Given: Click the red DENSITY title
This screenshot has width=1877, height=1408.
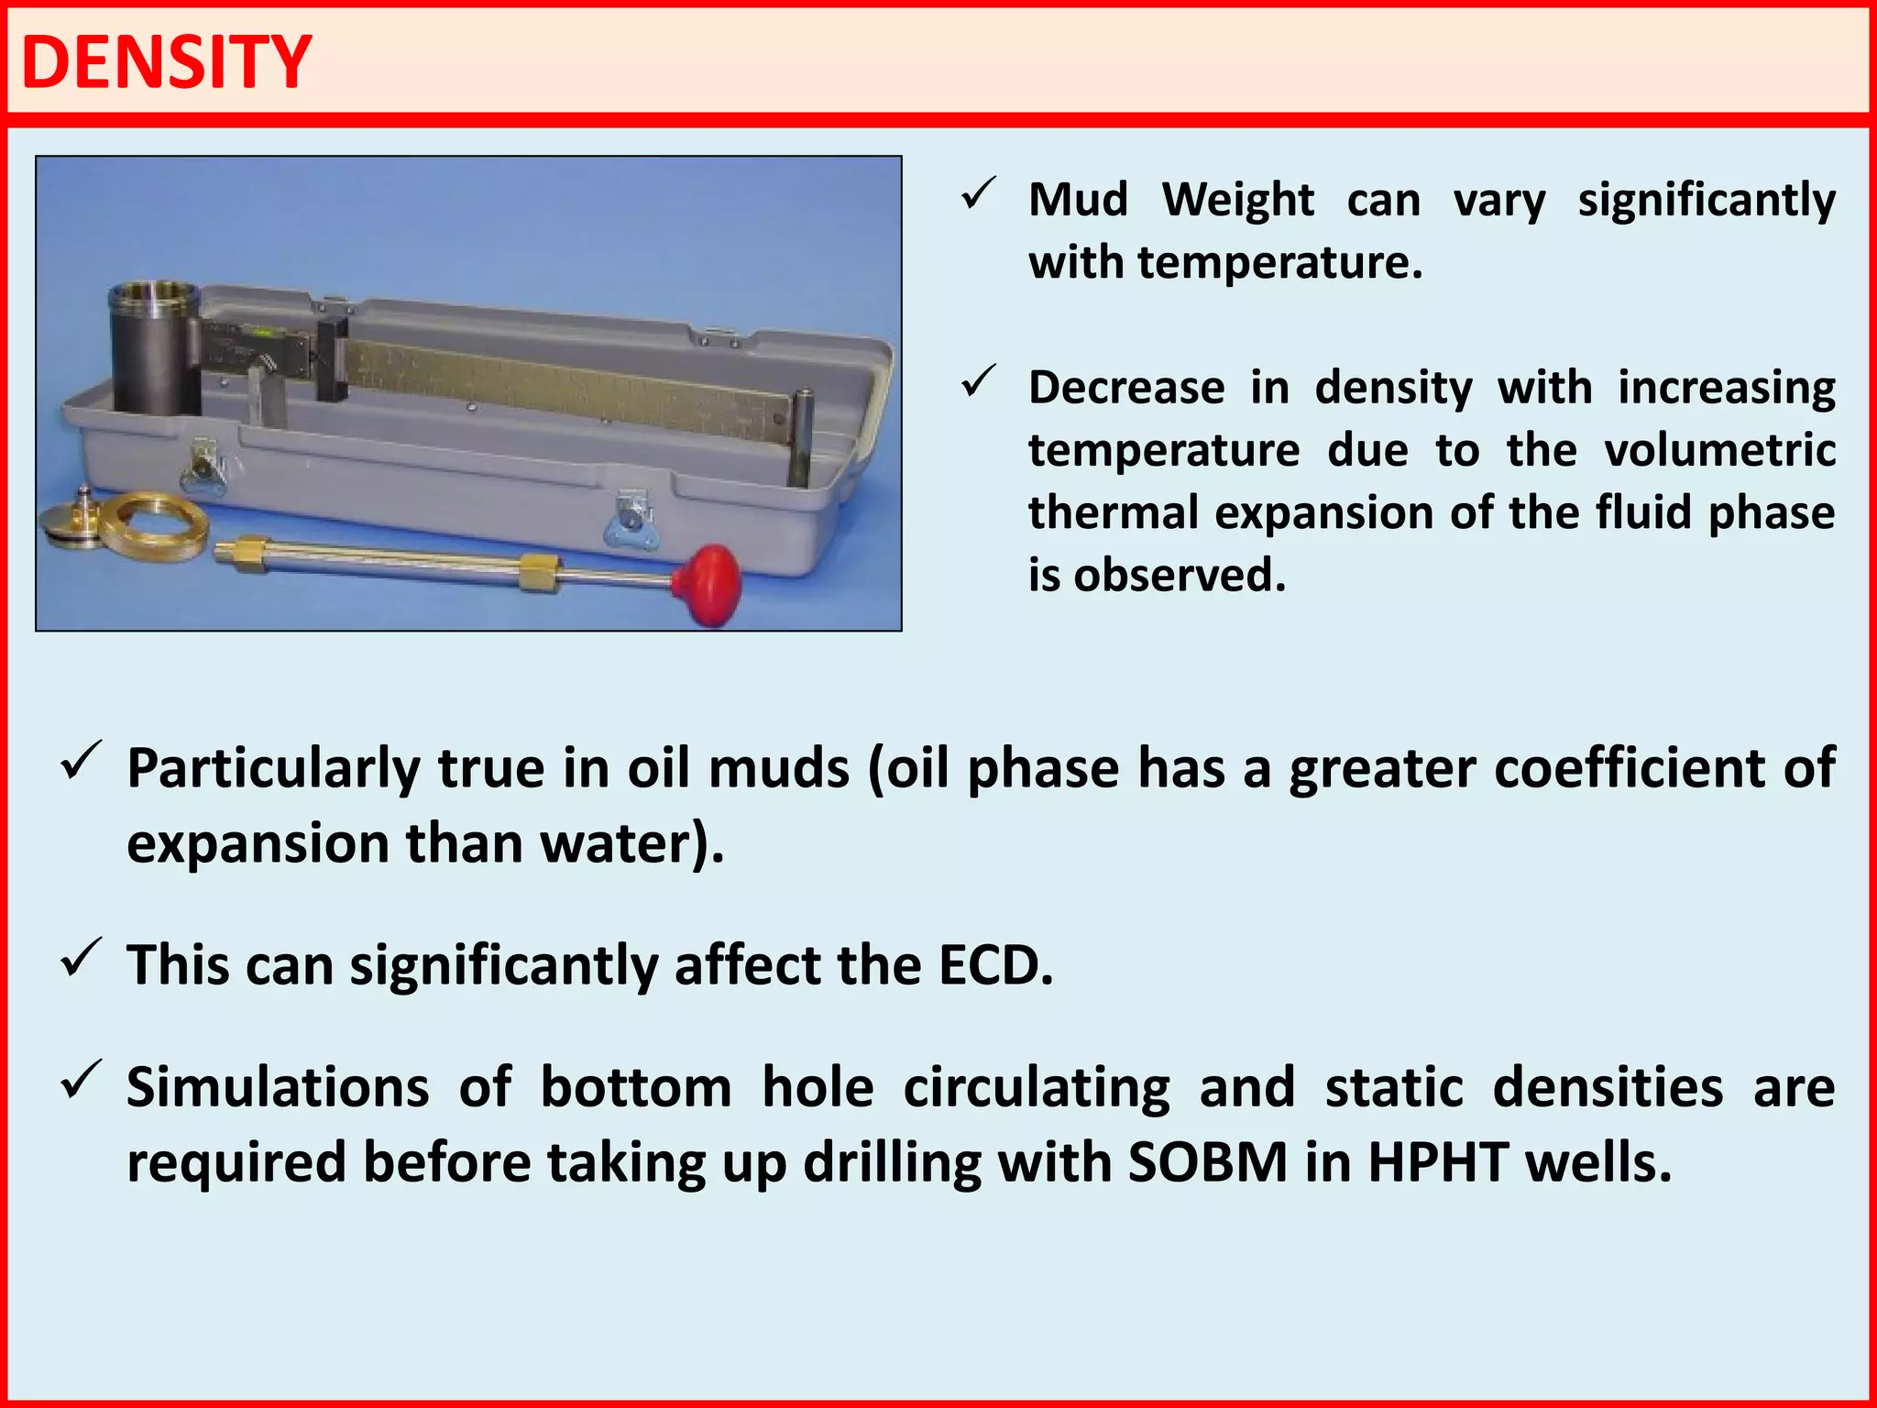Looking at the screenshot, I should coord(167,62).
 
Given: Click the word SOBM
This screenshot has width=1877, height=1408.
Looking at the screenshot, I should coord(1208,1162).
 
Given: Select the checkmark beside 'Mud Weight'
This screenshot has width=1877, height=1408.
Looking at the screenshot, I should coord(979,194).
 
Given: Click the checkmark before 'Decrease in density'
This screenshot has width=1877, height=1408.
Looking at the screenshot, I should coord(979,382).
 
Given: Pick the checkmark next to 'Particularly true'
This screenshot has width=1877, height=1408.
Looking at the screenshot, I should coord(81,761).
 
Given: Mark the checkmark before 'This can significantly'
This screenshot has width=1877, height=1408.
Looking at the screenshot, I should coord(81,959).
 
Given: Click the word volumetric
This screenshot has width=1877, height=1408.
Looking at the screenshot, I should coord(1719,450).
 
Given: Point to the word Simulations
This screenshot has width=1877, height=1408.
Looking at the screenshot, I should coord(278,1088).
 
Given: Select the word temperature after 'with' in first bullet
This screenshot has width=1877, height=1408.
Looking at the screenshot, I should coord(1279,263).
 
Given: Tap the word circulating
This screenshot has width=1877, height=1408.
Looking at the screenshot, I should coord(1037,1088).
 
